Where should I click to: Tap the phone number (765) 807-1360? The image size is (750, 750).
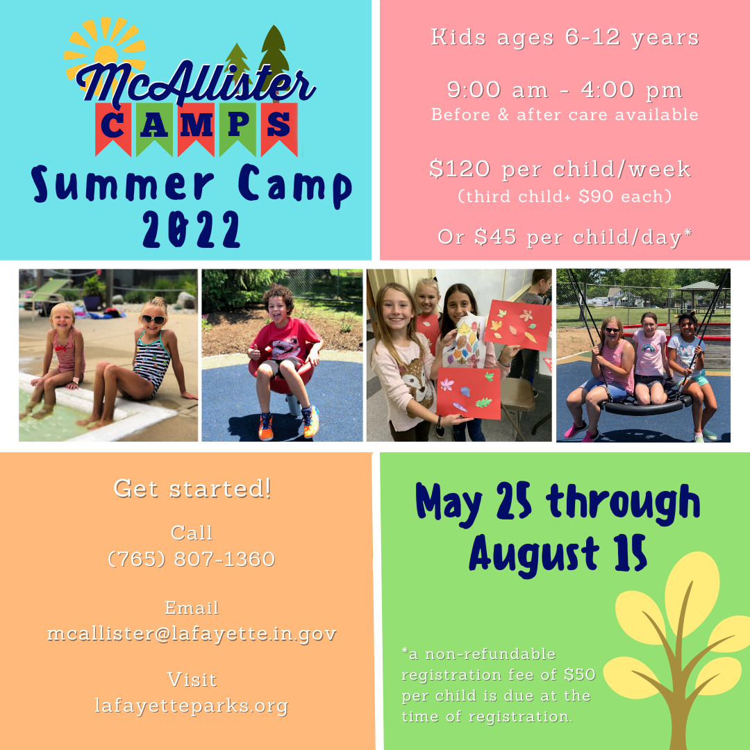pos(192,559)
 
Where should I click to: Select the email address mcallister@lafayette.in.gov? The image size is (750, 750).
pos(192,634)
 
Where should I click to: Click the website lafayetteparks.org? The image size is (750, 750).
pos(192,706)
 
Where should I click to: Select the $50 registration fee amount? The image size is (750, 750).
pos(579,674)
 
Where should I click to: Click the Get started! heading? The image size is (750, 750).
pos(192,488)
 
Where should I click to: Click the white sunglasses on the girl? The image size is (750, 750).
pos(153,319)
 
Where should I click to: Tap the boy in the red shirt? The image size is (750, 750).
pos(285,347)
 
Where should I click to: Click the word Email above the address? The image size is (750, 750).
pos(192,608)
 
